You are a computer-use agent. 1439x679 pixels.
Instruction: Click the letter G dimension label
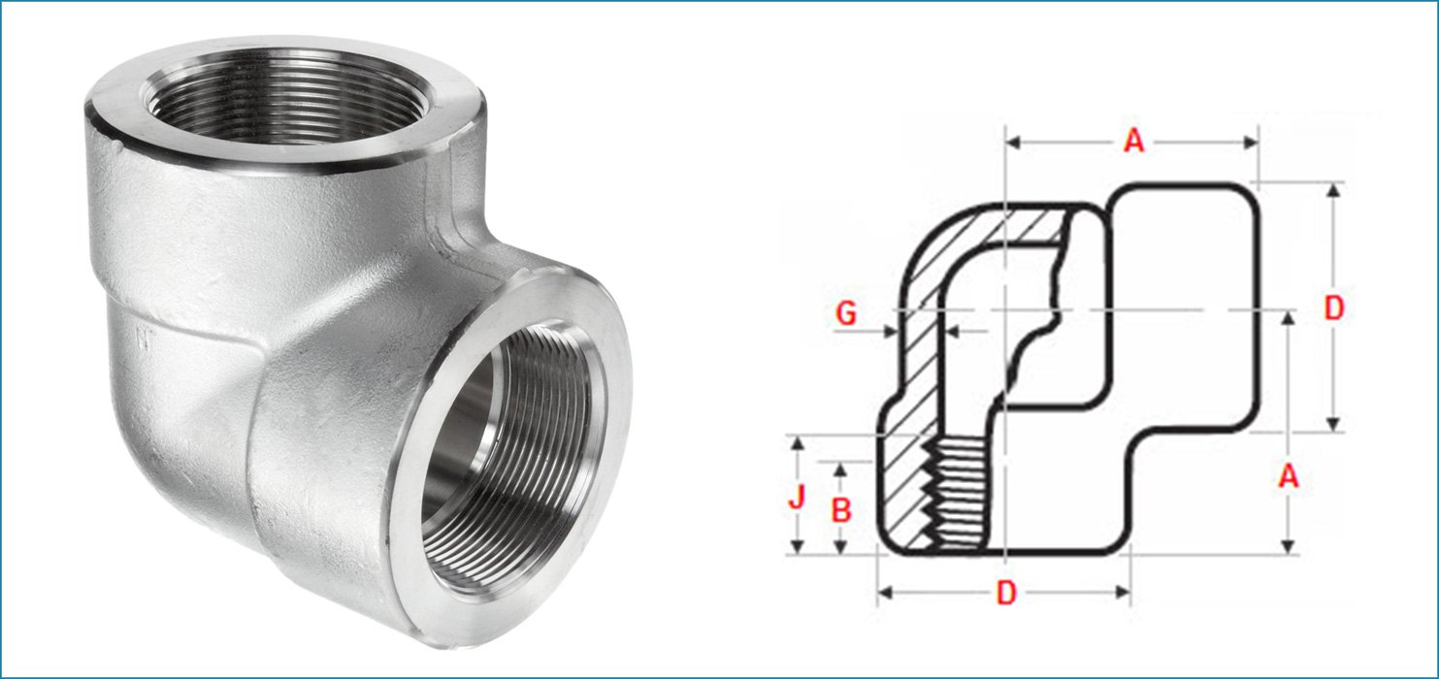[x=846, y=315]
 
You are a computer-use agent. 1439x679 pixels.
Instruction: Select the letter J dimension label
[x=798, y=499]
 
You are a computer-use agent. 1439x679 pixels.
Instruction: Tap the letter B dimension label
[x=841, y=510]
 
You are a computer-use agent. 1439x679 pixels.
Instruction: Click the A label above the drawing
[x=1133, y=142]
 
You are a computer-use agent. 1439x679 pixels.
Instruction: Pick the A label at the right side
[x=1289, y=476]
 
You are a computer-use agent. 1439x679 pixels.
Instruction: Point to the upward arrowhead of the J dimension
[x=798, y=443]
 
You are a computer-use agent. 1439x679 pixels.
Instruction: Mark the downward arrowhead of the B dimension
[x=841, y=548]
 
